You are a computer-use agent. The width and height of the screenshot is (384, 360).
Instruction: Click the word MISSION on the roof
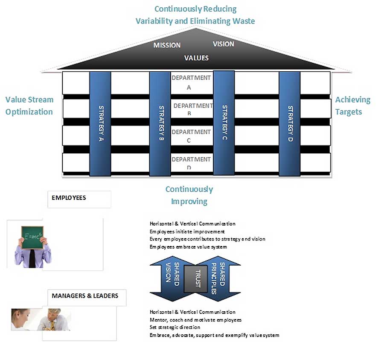click(x=167, y=45)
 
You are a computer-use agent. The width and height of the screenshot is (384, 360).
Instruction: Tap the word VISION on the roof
click(x=223, y=44)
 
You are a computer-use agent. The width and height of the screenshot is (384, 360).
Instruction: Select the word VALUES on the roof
click(x=196, y=58)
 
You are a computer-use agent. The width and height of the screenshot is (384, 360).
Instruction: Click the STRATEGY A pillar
click(x=100, y=124)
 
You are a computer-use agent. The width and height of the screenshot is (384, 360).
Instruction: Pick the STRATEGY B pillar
click(x=160, y=124)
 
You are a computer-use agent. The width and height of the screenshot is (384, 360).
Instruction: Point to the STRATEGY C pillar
click(x=224, y=123)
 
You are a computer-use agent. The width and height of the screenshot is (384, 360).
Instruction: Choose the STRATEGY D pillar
click(x=290, y=124)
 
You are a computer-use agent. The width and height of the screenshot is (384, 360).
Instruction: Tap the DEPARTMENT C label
click(x=191, y=136)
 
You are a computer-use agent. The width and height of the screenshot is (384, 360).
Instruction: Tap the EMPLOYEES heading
click(x=68, y=198)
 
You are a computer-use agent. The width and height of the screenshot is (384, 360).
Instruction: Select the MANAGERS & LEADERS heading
click(x=84, y=296)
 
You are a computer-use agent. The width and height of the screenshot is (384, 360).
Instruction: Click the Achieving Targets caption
click(x=352, y=105)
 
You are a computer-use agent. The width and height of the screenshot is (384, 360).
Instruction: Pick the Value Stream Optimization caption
click(x=29, y=105)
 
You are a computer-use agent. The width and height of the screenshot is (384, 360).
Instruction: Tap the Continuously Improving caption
click(x=189, y=195)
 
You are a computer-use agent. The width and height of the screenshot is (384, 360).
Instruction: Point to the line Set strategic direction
click(x=175, y=328)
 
